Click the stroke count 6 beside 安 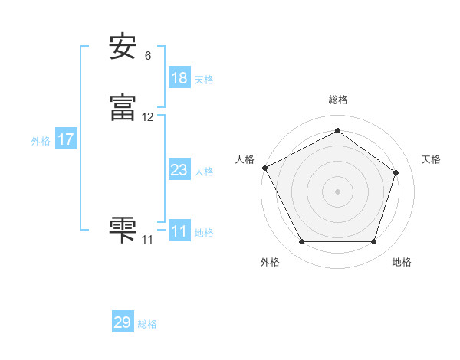pos(148,56)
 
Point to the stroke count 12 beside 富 pos(148,117)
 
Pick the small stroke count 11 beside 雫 pos(147,240)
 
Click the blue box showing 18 pos(179,78)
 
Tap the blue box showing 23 pos(179,170)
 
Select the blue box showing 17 pos(66,139)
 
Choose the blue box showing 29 pos(123,322)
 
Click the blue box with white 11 pos(179,231)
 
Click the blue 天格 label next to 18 pos(204,80)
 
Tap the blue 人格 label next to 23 pos(204,172)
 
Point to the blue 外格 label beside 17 pos(41,141)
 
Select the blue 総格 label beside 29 pos(147,324)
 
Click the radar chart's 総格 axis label pos(337,100)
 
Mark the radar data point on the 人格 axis pos(264,167)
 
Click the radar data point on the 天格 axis pos(396,172)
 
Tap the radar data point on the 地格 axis pos(373,242)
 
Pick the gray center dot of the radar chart pos(337,191)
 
